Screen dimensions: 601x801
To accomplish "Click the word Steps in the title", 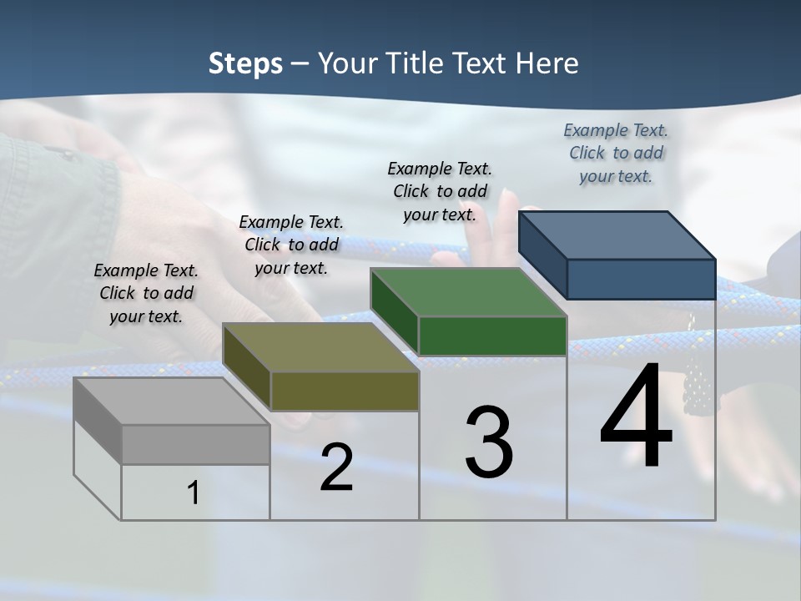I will pyautogui.click(x=245, y=63).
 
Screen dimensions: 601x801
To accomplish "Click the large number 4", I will pyautogui.click(x=636, y=417).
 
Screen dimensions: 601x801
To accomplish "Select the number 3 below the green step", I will pyautogui.click(x=489, y=442).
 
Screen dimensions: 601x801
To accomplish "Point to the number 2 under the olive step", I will pyautogui.click(x=336, y=467).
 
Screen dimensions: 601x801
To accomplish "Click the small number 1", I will pyautogui.click(x=194, y=493).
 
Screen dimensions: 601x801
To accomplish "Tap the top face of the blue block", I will pyautogui.click(x=617, y=235).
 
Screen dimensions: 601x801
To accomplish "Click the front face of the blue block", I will pyautogui.click(x=641, y=279).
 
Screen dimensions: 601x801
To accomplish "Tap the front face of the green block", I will pyautogui.click(x=492, y=336).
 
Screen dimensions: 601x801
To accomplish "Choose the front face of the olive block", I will pyautogui.click(x=345, y=391).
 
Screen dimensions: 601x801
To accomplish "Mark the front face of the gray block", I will pyautogui.click(x=196, y=444).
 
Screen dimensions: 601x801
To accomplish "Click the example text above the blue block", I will pyautogui.click(x=616, y=154).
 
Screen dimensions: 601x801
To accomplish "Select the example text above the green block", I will pyautogui.click(x=440, y=191).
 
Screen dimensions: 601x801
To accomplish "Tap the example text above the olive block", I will pyautogui.click(x=291, y=245).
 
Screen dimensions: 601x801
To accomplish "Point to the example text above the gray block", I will pyautogui.click(x=146, y=293).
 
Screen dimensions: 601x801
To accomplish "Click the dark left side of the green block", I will pyautogui.click(x=394, y=311).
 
